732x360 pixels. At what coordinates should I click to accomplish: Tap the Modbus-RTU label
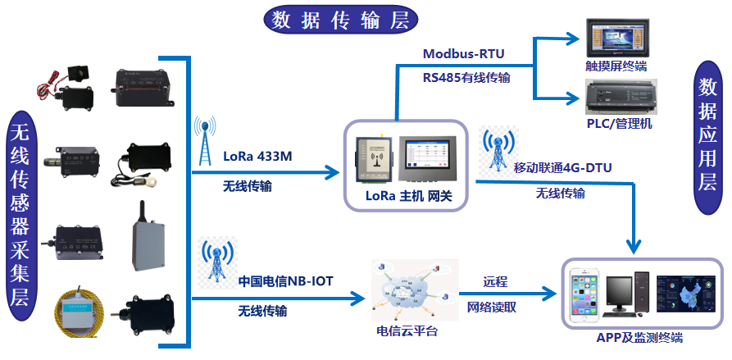(463, 54)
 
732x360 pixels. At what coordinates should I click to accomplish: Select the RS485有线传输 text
(466, 78)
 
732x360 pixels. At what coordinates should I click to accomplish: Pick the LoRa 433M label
(258, 156)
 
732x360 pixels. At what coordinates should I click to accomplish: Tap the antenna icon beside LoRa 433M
(206, 139)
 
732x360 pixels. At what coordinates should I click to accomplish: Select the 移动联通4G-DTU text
(562, 167)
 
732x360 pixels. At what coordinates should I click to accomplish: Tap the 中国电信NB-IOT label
(286, 280)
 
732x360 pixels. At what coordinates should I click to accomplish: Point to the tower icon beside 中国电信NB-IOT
(216, 262)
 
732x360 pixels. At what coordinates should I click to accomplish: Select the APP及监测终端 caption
(640, 337)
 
